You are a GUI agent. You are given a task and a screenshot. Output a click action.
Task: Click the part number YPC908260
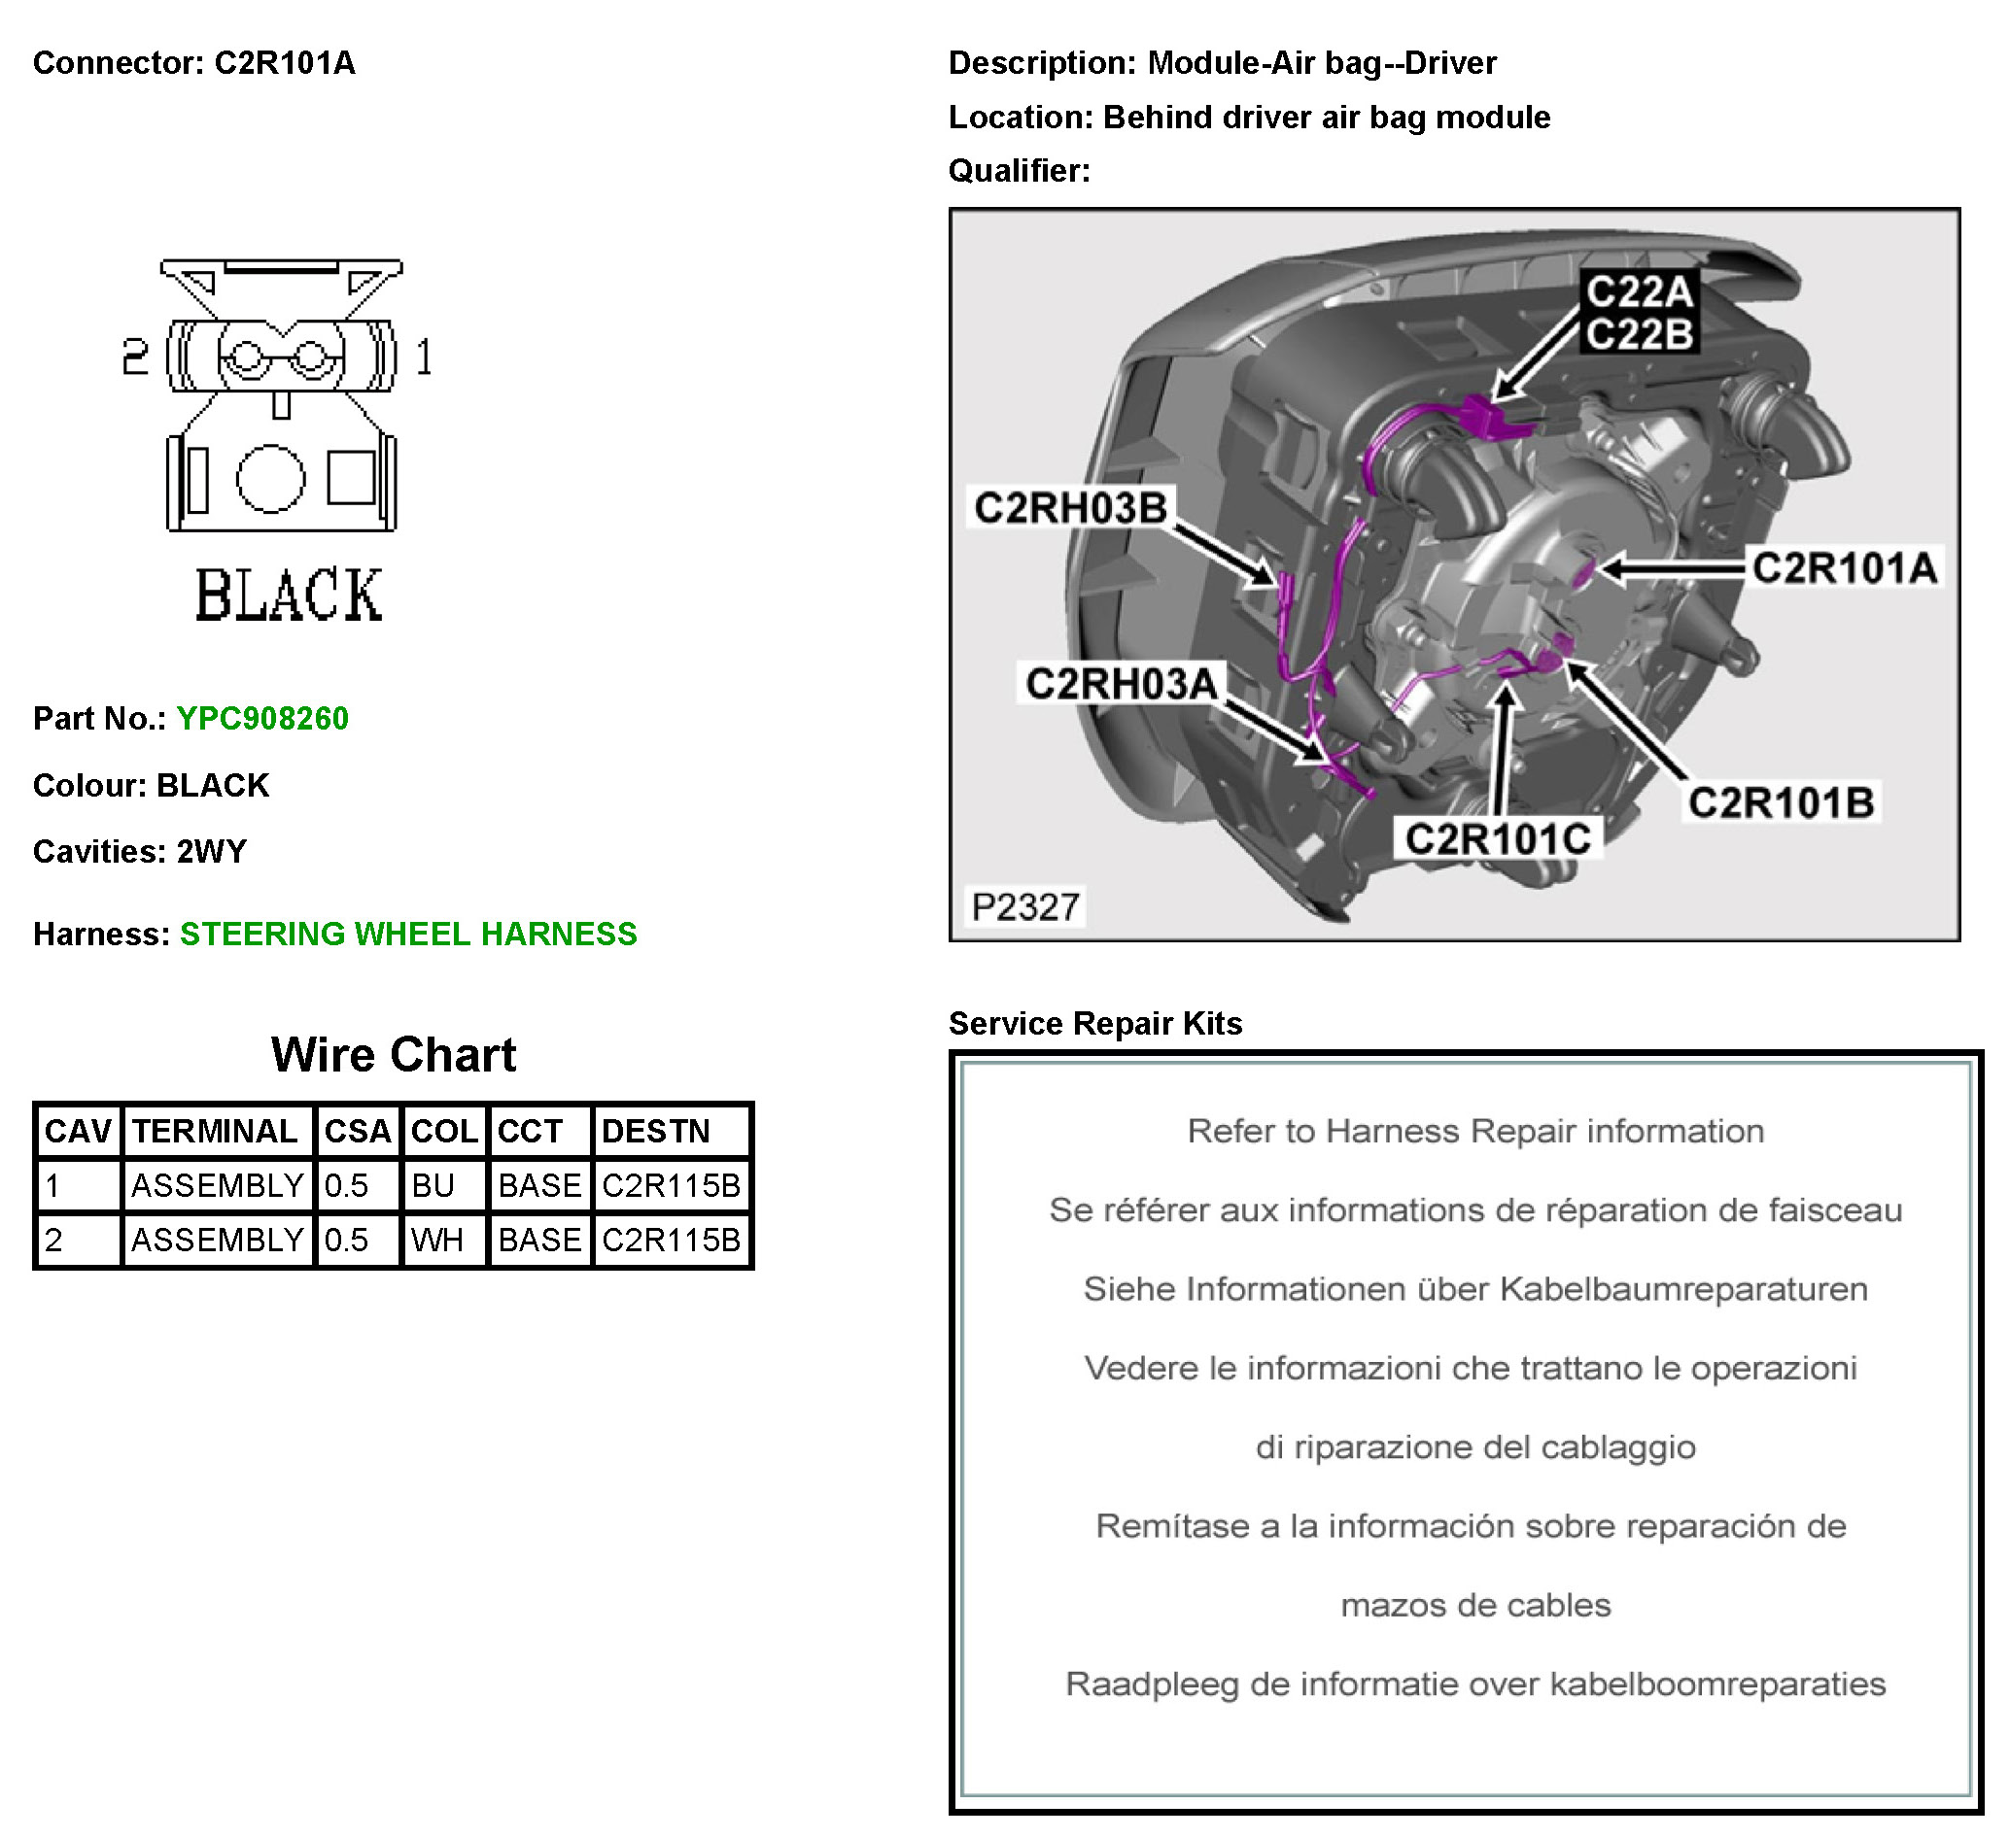(x=262, y=719)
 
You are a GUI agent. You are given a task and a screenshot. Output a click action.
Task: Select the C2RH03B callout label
(x=1070, y=508)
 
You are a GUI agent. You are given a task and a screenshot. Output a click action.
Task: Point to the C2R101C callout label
(x=1498, y=839)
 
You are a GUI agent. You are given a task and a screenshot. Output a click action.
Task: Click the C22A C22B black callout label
(x=1639, y=313)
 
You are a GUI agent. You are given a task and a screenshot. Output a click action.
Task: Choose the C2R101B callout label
(x=1781, y=802)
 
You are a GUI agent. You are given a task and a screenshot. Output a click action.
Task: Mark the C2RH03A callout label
(x=1121, y=685)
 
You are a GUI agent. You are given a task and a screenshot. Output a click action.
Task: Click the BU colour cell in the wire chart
(x=433, y=1186)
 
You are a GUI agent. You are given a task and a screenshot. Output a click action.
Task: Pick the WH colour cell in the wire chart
(x=436, y=1240)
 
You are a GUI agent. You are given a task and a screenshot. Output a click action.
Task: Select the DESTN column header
(x=656, y=1132)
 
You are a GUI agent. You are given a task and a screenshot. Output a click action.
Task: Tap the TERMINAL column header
(x=216, y=1132)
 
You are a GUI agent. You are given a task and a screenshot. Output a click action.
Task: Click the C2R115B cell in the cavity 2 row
(x=671, y=1240)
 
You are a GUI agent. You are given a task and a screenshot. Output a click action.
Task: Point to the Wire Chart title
(x=394, y=1055)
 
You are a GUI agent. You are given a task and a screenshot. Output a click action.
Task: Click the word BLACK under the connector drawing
(x=288, y=596)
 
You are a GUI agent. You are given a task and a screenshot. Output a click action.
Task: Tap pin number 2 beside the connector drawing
(x=134, y=357)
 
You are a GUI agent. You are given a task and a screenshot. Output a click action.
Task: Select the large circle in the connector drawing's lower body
(x=270, y=478)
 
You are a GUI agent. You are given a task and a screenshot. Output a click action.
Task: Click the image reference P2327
(x=1025, y=907)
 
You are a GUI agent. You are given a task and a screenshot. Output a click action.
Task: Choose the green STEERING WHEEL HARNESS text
(x=408, y=934)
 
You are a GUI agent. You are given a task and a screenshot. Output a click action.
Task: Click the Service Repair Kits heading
(x=1094, y=1024)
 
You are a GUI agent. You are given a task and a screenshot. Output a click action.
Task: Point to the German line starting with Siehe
(x=1474, y=1289)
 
